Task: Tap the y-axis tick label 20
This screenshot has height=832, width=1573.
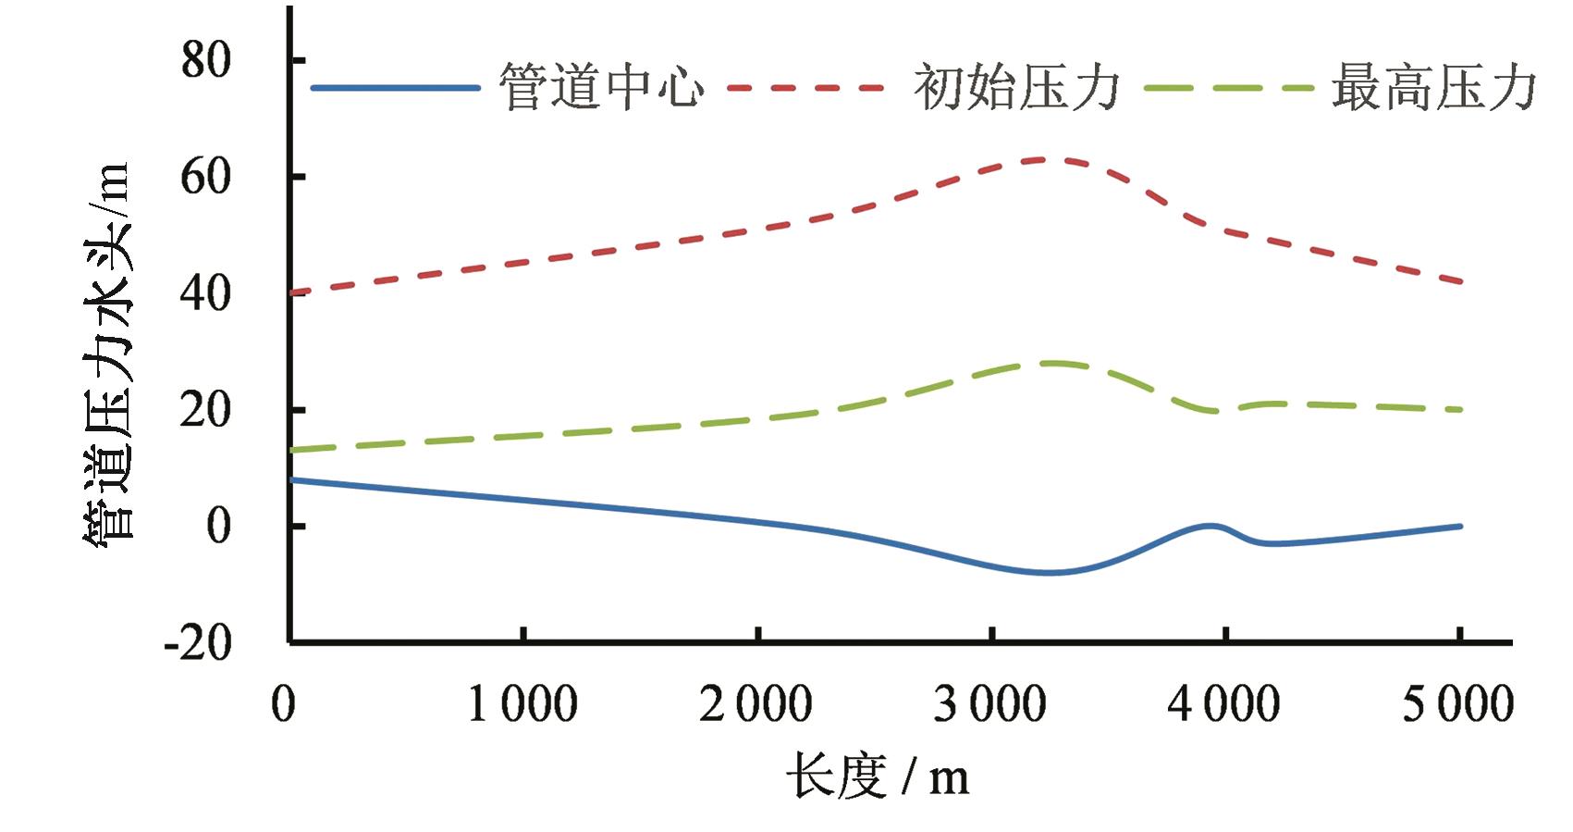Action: [x=205, y=409]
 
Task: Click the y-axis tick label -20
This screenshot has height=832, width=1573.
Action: [x=197, y=642]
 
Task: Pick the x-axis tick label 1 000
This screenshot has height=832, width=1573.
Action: [x=523, y=704]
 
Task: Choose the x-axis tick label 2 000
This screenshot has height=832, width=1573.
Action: [x=756, y=704]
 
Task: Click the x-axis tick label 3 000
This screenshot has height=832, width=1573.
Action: [x=990, y=704]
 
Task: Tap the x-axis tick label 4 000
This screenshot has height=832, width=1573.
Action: [x=1224, y=704]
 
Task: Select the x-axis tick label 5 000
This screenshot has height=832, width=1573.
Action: [x=1458, y=704]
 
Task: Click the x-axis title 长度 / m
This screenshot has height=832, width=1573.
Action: [x=878, y=776]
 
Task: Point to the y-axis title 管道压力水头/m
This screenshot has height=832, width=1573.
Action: [x=107, y=352]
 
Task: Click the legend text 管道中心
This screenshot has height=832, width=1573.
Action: [x=602, y=88]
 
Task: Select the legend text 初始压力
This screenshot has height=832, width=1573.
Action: [x=1016, y=88]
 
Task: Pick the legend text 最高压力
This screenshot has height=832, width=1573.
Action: [x=1433, y=88]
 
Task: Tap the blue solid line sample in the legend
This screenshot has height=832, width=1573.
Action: [x=396, y=88]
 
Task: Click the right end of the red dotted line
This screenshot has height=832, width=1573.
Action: [x=1460, y=281]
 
